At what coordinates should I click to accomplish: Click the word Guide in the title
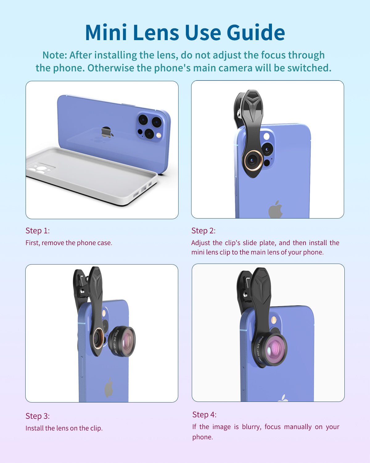click(x=256, y=32)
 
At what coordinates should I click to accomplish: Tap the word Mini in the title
click(x=106, y=32)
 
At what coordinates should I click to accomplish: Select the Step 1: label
click(x=38, y=231)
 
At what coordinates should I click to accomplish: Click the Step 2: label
click(x=203, y=231)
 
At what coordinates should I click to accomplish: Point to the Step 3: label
click(x=38, y=416)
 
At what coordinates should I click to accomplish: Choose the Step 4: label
click(x=204, y=415)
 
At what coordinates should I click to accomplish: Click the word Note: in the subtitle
click(x=55, y=55)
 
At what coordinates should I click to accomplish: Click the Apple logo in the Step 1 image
click(x=107, y=132)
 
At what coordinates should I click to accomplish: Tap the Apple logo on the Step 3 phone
click(x=109, y=387)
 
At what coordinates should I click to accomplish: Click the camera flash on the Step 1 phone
click(x=159, y=135)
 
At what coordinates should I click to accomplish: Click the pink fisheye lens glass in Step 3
click(x=127, y=341)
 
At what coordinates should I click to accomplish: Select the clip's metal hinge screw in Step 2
click(x=239, y=113)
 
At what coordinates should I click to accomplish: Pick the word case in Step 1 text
click(x=105, y=243)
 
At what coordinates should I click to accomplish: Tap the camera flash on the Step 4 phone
click(x=274, y=320)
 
